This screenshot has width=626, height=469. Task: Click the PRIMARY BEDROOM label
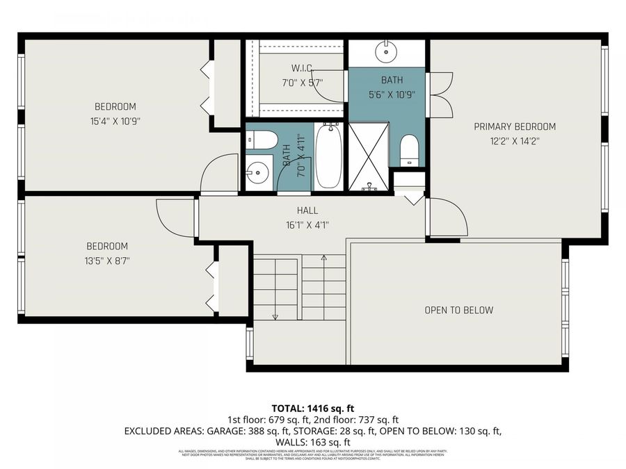tap(515, 126)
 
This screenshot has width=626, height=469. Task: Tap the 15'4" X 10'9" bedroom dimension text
tap(115, 120)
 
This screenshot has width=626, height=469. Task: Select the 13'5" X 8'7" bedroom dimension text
tap(107, 261)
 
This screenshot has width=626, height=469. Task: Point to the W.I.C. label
tap(302, 68)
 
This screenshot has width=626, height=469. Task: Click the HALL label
tap(307, 211)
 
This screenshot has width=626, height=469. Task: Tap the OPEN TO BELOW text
tap(458, 310)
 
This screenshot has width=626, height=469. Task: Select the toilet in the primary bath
tap(409, 149)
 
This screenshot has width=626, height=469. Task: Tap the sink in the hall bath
tap(257, 170)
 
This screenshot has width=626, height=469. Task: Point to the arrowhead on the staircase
tap(275, 317)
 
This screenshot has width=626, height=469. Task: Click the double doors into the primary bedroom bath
tap(440, 94)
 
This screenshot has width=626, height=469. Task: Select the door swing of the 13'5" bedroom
tap(174, 217)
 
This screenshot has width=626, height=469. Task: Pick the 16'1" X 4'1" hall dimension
tap(307, 224)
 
